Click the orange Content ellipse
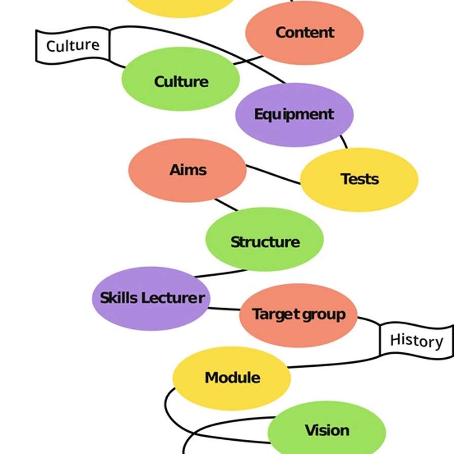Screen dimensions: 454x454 (x=305, y=32)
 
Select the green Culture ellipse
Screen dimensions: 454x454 (x=180, y=80)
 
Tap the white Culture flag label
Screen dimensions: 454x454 (x=73, y=46)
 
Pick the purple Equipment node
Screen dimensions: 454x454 (x=294, y=115)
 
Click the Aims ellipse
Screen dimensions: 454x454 (x=187, y=170)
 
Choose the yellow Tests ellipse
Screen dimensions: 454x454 (x=359, y=179)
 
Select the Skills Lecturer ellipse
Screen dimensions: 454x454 (x=151, y=298)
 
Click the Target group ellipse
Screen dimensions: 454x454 (x=298, y=315)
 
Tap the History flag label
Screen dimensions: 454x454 (x=416, y=340)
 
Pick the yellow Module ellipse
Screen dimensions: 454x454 (x=232, y=378)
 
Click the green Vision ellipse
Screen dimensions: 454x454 (x=327, y=431)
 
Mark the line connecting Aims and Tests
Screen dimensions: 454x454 (x=273, y=174)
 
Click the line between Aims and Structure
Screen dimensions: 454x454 (x=226, y=205)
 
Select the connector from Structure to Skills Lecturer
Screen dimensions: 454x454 (x=220, y=274)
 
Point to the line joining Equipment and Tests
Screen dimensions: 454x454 (x=344, y=141)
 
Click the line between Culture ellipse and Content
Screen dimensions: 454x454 (x=248, y=60)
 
